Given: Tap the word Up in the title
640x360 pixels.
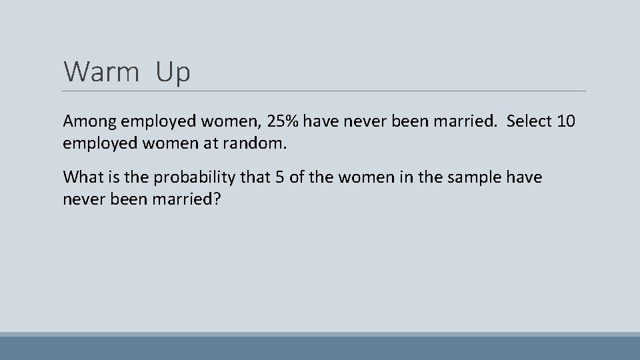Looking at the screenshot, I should pyautogui.click(x=173, y=72).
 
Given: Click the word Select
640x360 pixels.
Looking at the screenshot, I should pyautogui.click(x=527, y=122).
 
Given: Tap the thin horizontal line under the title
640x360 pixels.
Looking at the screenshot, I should pyautogui.click(x=325, y=91).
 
